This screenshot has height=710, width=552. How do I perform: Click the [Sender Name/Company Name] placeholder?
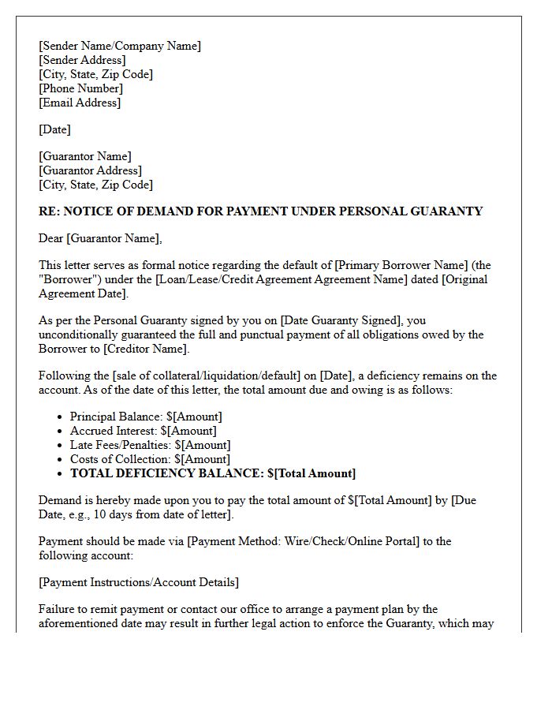[x=120, y=46]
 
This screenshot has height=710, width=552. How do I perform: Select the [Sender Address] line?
[x=82, y=60]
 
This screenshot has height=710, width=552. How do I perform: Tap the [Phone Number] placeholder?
[x=80, y=88]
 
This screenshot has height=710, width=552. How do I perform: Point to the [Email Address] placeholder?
[x=80, y=103]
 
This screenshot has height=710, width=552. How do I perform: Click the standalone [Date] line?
[x=54, y=129]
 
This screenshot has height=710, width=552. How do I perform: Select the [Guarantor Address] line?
[x=90, y=170]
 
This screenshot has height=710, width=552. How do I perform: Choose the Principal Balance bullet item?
[x=146, y=417]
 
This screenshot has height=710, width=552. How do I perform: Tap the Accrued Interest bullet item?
[x=143, y=431]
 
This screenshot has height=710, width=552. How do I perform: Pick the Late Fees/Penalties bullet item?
[x=150, y=445]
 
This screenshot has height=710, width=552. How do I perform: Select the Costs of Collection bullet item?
[x=150, y=459]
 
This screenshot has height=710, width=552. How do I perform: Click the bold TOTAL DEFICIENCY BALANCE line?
[x=213, y=473]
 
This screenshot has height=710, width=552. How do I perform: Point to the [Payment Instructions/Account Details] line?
[x=139, y=582]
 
